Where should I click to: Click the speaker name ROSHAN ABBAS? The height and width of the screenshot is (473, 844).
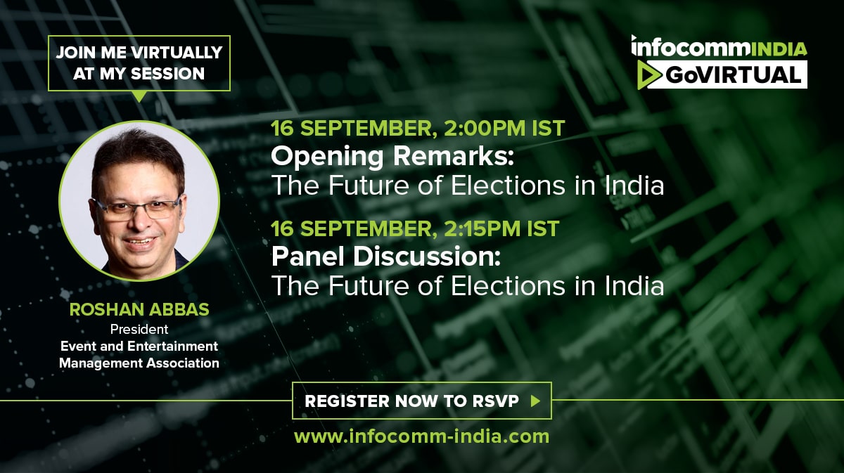(x=139, y=309)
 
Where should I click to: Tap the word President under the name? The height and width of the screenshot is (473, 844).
(x=139, y=330)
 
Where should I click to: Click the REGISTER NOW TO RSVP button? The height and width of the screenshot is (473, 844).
(x=421, y=401)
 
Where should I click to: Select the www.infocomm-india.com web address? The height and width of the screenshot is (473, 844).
(x=421, y=437)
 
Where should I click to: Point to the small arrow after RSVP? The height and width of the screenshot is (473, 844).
(x=535, y=401)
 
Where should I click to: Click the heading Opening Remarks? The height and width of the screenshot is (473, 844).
(x=392, y=156)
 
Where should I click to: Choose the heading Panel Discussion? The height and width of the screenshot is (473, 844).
(x=386, y=257)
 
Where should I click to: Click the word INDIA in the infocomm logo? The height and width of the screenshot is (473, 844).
(x=779, y=49)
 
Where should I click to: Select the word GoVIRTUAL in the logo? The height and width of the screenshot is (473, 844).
(x=733, y=74)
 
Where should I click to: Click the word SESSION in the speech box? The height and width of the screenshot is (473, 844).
(x=167, y=73)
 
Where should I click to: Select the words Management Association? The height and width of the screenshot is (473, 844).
(x=139, y=363)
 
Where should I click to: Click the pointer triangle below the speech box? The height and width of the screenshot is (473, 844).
(x=139, y=96)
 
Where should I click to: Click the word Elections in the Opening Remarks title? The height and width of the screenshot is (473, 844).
(x=508, y=186)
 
